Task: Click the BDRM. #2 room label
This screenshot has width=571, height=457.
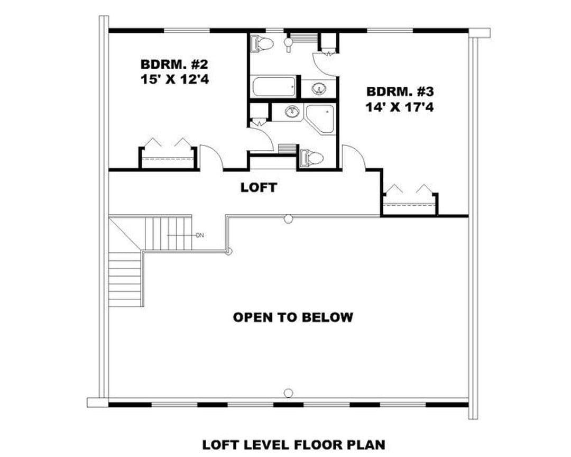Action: click(174, 65)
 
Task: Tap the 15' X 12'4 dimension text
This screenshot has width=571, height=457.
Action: click(175, 79)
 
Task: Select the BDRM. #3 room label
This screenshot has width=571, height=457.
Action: click(400, 92)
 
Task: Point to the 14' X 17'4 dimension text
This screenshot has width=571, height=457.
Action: click(400, 107)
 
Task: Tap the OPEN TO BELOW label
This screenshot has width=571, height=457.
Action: click(293, 317)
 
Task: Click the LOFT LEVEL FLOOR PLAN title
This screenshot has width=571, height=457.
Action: click(293, 445)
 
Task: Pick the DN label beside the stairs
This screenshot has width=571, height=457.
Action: click(199, 235)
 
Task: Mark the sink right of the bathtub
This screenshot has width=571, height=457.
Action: click(319, 88)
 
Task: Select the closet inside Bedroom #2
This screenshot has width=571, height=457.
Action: click(168, 158)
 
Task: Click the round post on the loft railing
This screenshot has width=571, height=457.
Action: click(289, 218)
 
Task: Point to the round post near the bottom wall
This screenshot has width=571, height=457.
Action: click(289, 393)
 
